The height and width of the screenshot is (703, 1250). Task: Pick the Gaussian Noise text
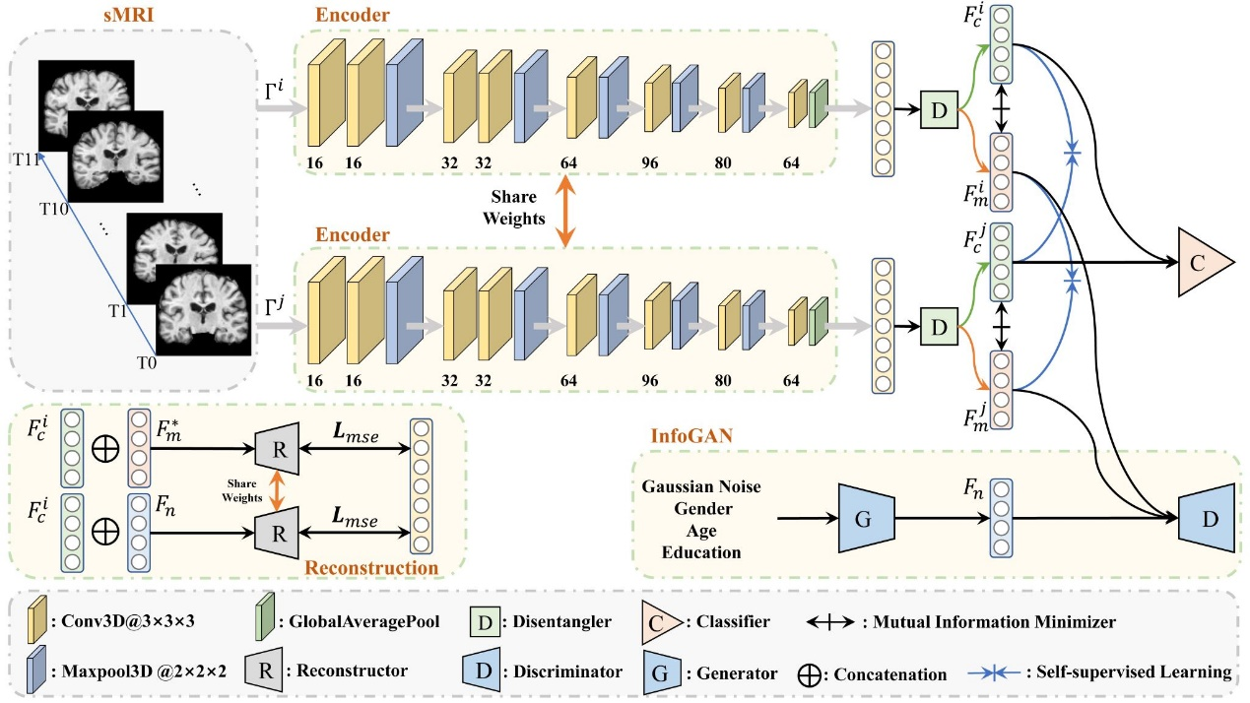701,486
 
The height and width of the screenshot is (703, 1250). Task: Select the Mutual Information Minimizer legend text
1019,621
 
